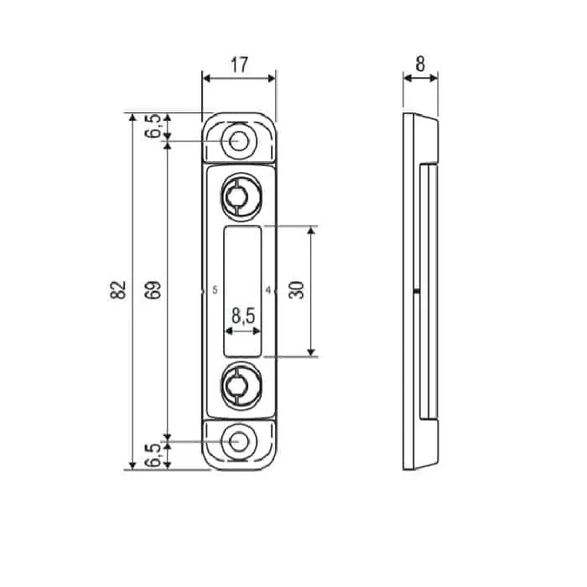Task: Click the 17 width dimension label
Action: coord(239,65)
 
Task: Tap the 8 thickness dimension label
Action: coord(420,64)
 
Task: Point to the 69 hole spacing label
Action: coord(153,290)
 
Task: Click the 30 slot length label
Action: coord(297,290)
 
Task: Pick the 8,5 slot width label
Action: coord(243,315)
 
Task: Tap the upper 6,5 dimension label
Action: coord(153,126)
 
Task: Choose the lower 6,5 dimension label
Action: coord(153,455)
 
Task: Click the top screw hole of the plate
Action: coord(238,142)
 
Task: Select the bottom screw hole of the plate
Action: coord(238,442)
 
